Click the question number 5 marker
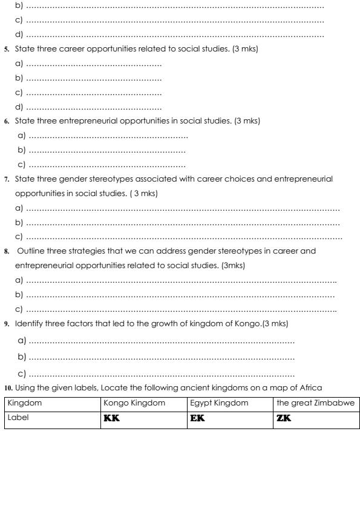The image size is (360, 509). (x=5, y=49)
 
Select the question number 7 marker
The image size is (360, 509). (x=5, y=180)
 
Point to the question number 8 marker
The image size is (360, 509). (x=5, y=251)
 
